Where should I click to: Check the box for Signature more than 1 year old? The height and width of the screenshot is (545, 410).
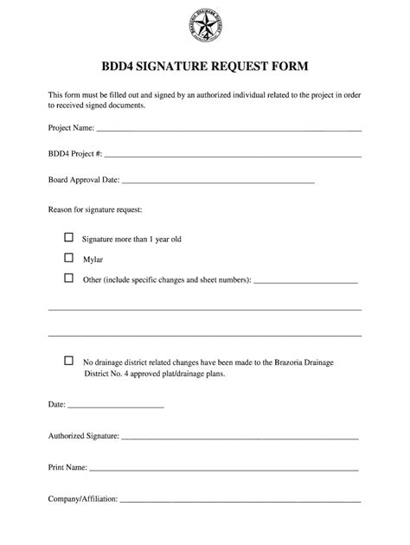pyautogui.click(x=69, y=236)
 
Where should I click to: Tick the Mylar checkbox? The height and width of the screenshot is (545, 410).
pyautogui.click(x=69, y=257)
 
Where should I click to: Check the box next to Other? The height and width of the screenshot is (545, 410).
pyautogui.click(x=69, y=279)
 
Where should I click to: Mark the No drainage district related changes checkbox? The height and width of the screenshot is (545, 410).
pyautogui.click(x=69, y=360)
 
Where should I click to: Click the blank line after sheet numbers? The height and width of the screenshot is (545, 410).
pyautogui.click(x=306, y=282)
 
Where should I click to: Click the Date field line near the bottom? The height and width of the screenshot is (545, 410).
pyautogui.click(x=115, y=407)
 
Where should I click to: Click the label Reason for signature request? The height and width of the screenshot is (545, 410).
pyautogui.click(x=94, y=210)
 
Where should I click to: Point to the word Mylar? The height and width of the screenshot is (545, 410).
pyautogui.click(x=93, y=259)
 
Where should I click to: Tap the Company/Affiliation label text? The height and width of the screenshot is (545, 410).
pyautogui.click(x=83, y=499)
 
